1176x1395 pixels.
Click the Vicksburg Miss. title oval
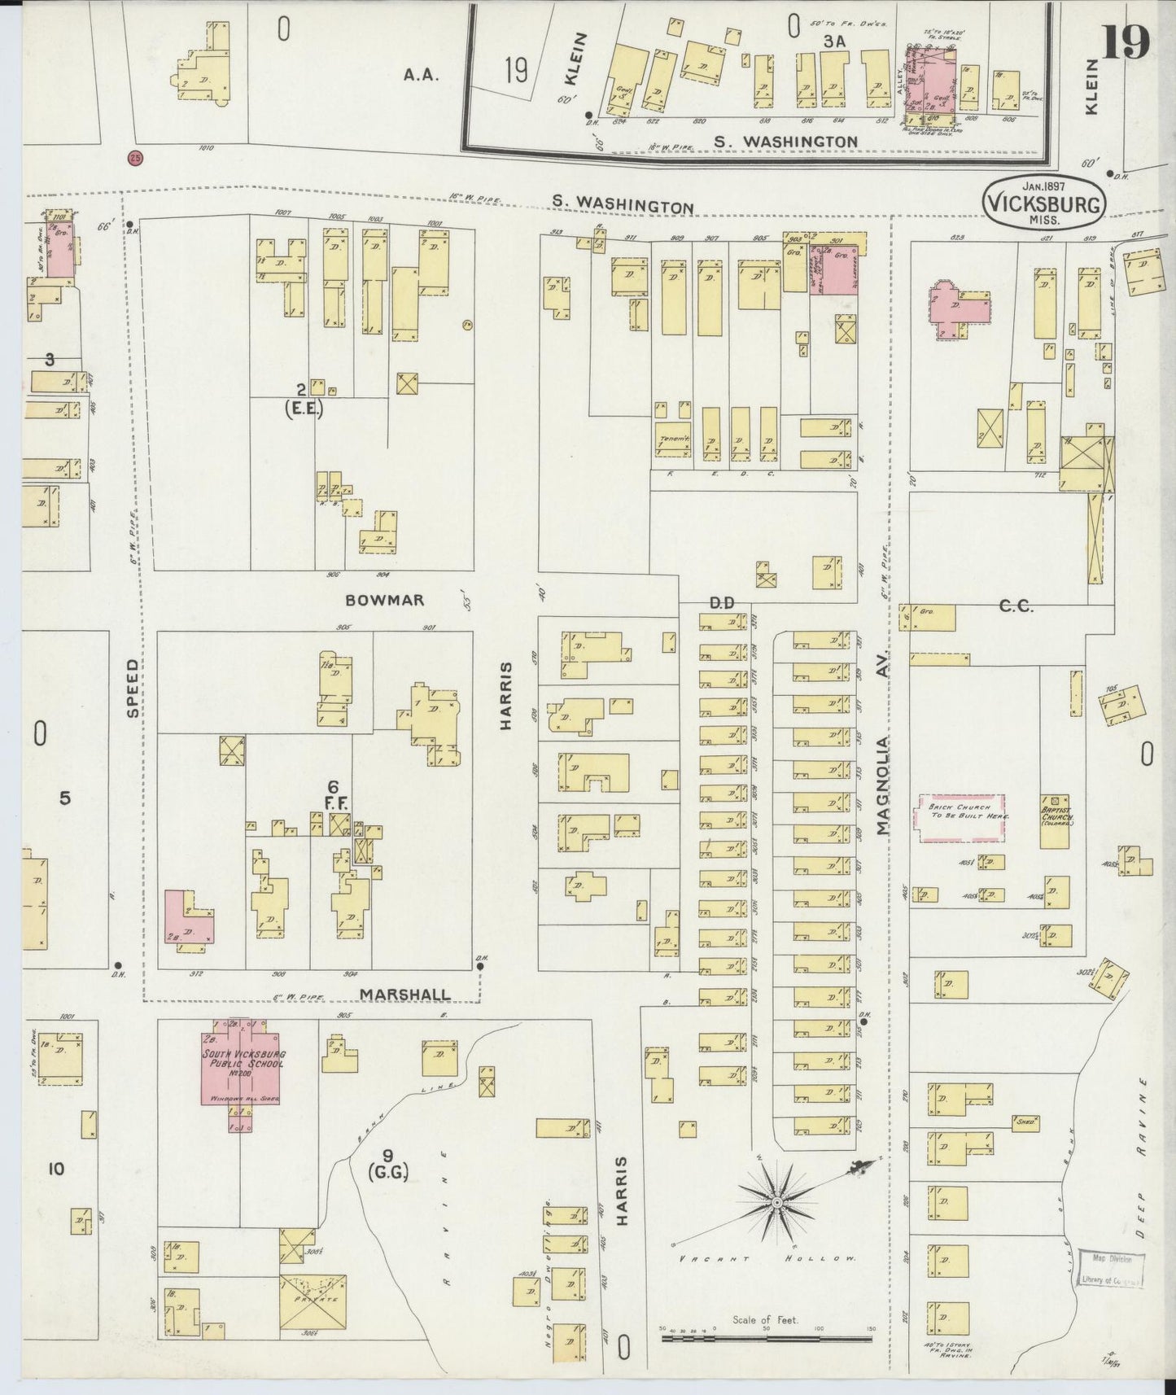[1044, 199]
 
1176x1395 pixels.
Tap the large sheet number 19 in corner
[1126, 42]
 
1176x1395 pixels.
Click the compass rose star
[777, 1201]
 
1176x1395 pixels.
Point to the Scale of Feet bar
[768, 1336]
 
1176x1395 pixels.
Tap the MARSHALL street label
[404, 995]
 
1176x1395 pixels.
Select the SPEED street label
[133, 688]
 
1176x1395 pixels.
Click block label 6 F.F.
[332, 794]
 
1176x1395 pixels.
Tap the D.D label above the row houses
[722, 602]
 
